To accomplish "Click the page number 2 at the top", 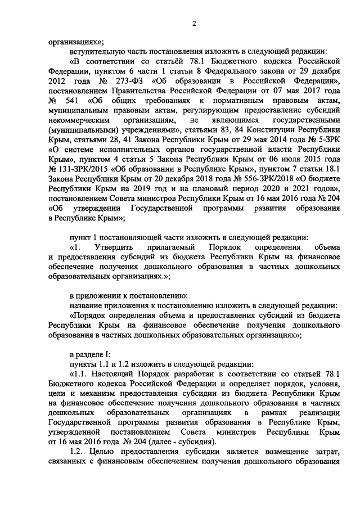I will pyautogui.click(x=193, y=23).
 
